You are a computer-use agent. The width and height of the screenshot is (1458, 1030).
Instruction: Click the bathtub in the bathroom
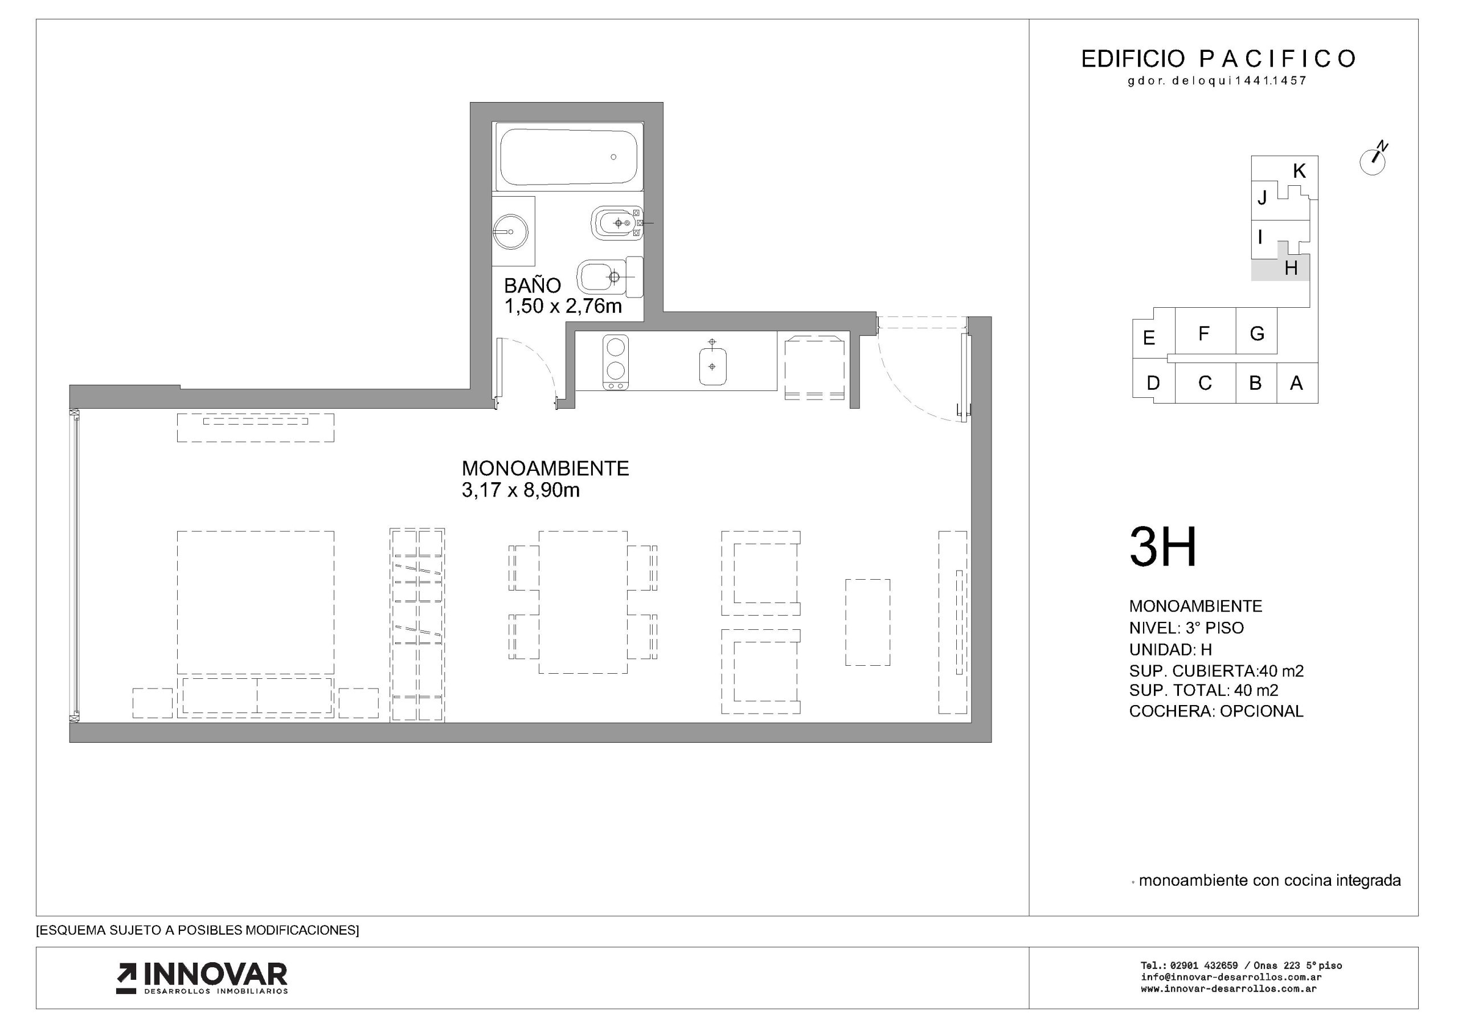point(568,157)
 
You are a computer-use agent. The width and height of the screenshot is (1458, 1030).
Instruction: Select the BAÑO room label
point(532,286)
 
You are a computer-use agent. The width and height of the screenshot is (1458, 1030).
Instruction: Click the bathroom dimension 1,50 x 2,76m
point(563,306)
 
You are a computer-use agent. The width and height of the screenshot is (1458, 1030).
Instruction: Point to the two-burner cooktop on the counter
point(615,362)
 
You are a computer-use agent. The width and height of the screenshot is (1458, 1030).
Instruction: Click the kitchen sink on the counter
point(712,361)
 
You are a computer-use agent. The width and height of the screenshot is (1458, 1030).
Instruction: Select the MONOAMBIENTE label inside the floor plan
point(545,469)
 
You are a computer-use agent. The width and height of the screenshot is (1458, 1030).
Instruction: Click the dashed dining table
point(583,602)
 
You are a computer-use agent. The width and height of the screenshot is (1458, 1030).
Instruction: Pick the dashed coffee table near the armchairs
point(867,622)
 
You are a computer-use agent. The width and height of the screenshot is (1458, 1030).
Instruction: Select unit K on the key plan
point(1299,171)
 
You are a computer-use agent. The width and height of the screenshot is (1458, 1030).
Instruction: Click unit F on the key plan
point(1203,333)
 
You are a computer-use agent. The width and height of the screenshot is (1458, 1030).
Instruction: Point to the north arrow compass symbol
point(1373,160)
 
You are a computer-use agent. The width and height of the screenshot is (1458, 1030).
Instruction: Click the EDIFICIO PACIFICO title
point(1219,59)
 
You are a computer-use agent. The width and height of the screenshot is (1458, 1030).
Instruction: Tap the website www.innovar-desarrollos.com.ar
point(1228,989)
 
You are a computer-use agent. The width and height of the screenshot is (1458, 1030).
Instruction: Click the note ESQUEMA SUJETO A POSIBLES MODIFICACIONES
point(198,930)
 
